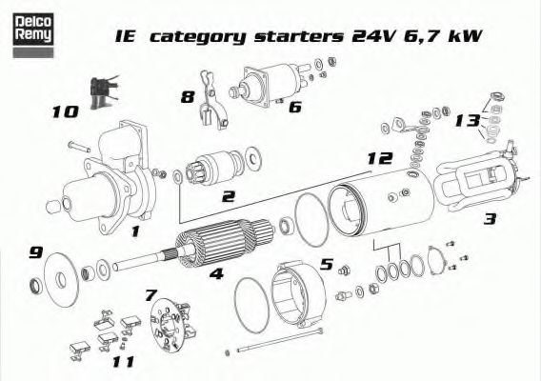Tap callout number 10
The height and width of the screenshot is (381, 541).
[65, 112]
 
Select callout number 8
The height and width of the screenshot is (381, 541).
[187, 96]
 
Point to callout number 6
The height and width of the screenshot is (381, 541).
[294, 107]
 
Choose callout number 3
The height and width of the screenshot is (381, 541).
[490, 219]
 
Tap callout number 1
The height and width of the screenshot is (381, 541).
[135, 230]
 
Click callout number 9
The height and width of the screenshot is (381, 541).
[36, 252]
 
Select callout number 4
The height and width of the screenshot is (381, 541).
[216, 275]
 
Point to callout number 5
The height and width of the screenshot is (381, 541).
[325, 264]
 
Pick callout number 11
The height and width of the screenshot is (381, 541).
[121, 362]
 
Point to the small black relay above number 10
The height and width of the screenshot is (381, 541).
[99, 90]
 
